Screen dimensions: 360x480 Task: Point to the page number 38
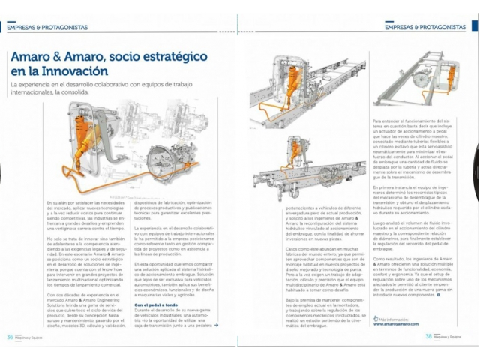pos(429,335)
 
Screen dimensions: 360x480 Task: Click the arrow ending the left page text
pos(216,325)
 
